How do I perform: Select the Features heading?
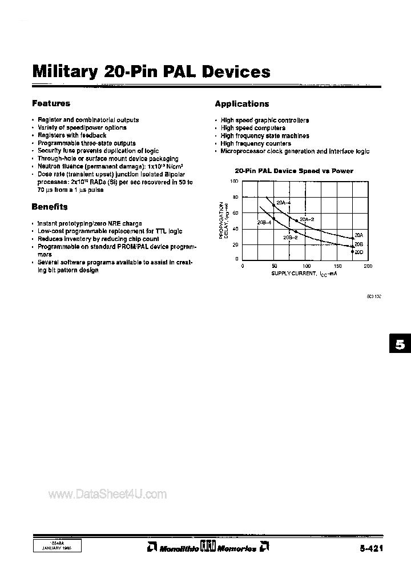[51, 103]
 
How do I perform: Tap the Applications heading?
[241, 104]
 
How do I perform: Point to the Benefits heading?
[49, 207]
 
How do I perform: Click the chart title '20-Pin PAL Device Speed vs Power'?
[294, 171]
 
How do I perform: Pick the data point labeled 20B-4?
[274, 219]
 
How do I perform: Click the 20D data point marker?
[352, 251]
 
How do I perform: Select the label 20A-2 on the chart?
[307, 219]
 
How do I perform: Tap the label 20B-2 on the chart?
[290, 238]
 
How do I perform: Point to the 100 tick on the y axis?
[233, 181]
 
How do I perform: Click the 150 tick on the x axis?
[337, 266]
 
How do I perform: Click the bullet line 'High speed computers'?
[253, 128]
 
